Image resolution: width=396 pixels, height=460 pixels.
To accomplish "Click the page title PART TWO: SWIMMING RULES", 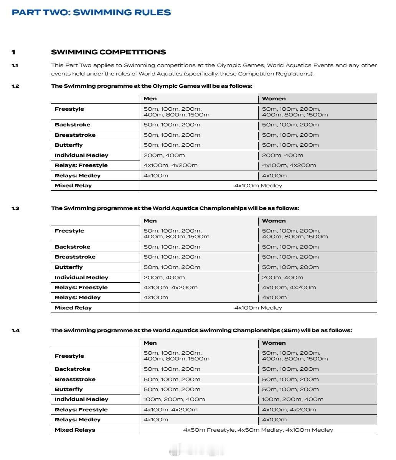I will (91, 12).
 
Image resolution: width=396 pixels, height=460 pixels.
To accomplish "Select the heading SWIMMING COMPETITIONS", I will (108, 52).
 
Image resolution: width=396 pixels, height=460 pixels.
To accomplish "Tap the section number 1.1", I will (15, 65).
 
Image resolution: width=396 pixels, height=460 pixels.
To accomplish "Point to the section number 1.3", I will (15, 208).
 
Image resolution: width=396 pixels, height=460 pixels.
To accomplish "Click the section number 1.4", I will (15, 330).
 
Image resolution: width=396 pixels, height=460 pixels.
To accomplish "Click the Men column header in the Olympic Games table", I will (150, 99).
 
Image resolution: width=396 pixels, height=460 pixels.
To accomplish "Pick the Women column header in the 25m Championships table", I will (274, 343).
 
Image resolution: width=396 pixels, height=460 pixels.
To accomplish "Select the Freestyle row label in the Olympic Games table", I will (69, 109).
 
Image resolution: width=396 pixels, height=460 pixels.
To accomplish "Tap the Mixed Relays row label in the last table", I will (75, 430).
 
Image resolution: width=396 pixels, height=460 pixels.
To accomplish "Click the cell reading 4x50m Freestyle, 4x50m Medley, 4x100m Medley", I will (258, 430).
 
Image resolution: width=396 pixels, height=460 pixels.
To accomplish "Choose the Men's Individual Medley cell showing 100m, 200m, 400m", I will (174, 399).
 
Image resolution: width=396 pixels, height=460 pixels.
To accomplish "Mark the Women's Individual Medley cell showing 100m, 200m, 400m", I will (292, 399).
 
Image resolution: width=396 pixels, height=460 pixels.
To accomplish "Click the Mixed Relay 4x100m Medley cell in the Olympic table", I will (258, 186).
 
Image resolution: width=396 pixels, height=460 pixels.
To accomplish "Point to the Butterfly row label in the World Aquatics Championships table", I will (68, 267).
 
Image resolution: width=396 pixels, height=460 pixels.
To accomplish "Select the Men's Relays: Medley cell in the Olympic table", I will (156, 176).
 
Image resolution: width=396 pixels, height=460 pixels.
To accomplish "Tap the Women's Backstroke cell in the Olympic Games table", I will (290, 125).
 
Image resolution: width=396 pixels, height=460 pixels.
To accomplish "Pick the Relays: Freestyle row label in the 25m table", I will (81, 410).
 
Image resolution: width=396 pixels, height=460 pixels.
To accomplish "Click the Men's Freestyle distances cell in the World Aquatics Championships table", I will (177, 234).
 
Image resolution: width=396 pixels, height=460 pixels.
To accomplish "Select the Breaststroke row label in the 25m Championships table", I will (75, 380).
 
